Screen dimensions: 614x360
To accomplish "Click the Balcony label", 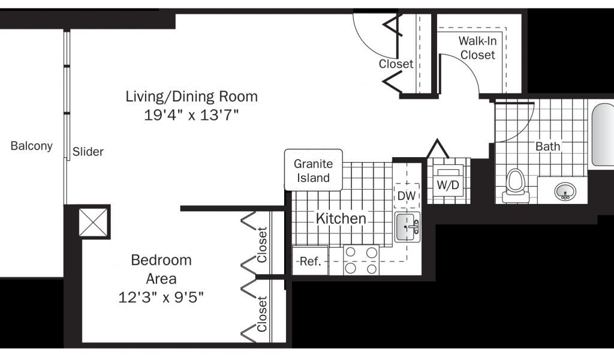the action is [31, 146].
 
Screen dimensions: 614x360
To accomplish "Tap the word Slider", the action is [88, 152].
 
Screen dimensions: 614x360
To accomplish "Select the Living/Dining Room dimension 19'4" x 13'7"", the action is [191, 115].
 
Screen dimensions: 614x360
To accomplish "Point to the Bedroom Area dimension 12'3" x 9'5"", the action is [161, 298].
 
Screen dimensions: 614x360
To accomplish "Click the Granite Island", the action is [313, 170].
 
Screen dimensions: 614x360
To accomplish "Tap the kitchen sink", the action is [407, 227].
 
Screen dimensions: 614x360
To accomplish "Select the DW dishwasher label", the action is [407, 196].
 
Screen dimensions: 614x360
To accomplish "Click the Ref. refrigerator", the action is [310, 260].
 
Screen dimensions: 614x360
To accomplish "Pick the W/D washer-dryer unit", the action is [448, 184].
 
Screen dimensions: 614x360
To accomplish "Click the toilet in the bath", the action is [515, 185].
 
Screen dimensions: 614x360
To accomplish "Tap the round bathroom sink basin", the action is [565, 191].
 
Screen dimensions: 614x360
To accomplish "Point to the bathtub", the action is [602, 134].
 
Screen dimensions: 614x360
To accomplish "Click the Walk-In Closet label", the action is [478, 48].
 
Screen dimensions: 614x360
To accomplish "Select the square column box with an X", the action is [93, 222].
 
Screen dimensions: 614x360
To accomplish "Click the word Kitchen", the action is [341, 218].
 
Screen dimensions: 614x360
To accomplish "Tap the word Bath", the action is [548, 146].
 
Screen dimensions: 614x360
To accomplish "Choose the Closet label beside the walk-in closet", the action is [396, 64].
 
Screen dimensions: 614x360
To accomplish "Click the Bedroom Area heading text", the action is [161, 269].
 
